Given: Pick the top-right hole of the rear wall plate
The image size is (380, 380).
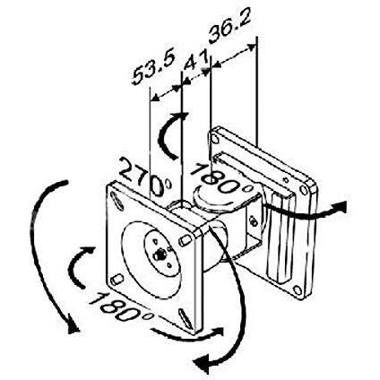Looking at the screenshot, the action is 308,188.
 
